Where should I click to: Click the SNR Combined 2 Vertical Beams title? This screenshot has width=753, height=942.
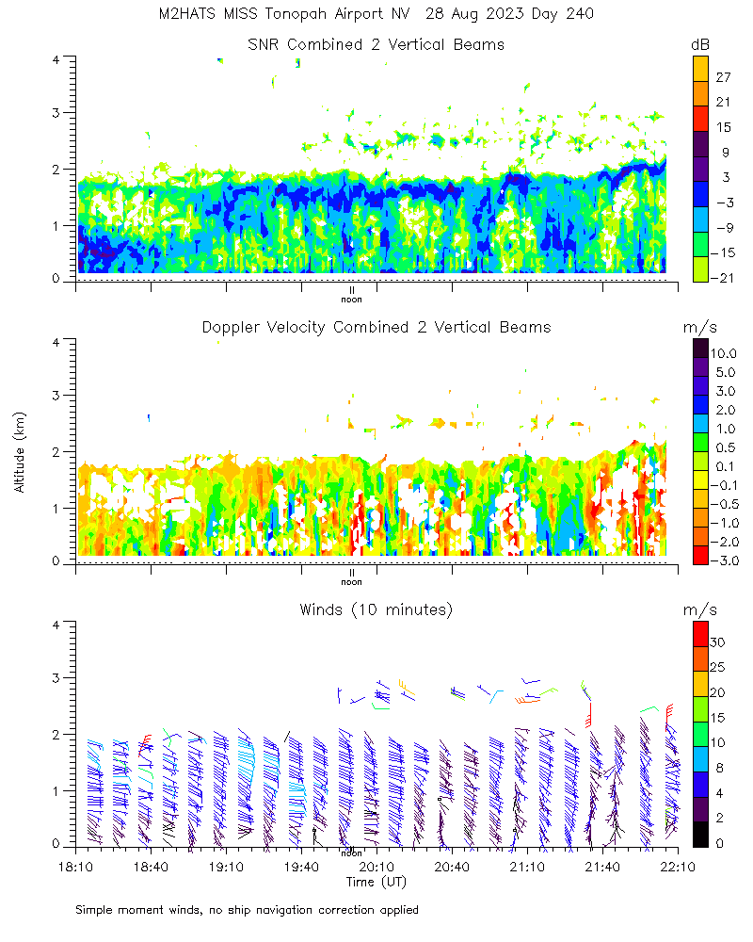376,44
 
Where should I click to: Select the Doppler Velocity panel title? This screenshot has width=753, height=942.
376,327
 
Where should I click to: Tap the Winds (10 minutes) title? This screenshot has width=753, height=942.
376,609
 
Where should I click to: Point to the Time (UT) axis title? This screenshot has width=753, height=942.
376,882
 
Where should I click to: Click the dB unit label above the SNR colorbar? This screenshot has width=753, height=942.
700,44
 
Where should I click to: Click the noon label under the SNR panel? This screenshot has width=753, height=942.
351,300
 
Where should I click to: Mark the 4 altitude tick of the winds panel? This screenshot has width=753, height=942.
58,624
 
